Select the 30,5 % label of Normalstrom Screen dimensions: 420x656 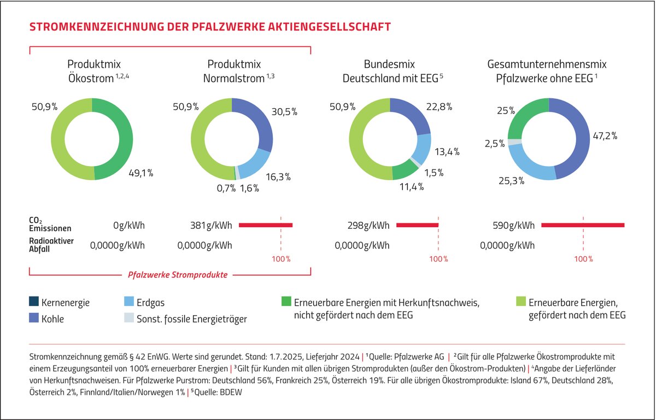[x=284, y=111]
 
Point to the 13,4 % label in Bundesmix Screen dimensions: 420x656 [x=447, y=151]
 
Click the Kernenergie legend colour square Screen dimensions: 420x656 [x=34, y=301]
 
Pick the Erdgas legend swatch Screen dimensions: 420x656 [x=130, y=301]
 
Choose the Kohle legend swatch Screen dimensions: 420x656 [x=34, y=318]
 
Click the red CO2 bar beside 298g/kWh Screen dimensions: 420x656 [x=417, y=225]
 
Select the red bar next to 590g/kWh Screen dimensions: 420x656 [x=582, y=225]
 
